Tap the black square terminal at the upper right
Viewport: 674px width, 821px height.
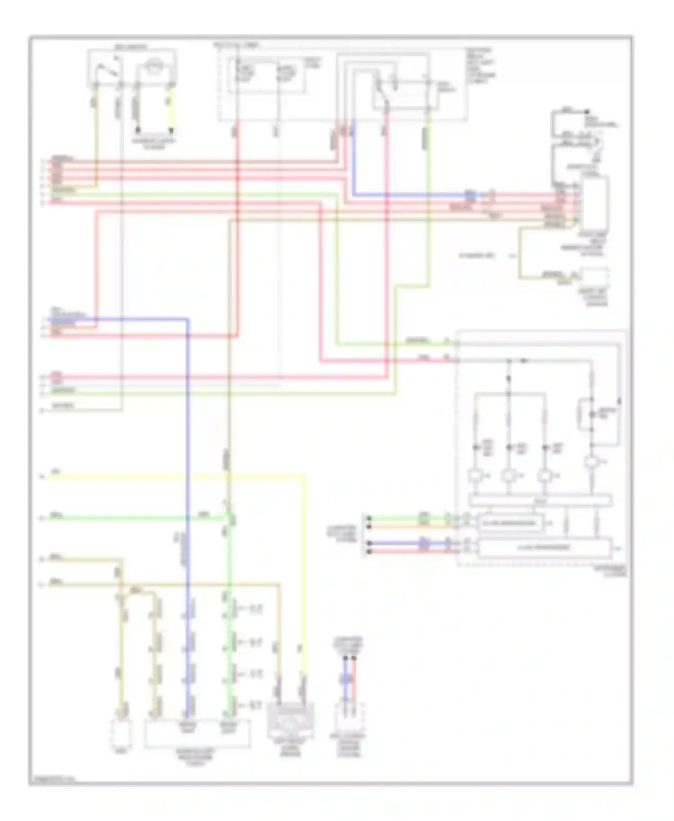click(586, 111)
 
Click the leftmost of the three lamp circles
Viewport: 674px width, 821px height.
click(475, 476)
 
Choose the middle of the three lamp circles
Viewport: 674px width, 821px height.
click(509, 476)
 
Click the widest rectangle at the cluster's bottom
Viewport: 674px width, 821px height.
click(544, 548)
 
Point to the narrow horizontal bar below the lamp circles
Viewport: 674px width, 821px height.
click(539, 499)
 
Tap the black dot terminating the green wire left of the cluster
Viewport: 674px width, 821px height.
click(369, 518)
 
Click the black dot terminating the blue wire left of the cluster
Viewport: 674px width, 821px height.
click(369, 543)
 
